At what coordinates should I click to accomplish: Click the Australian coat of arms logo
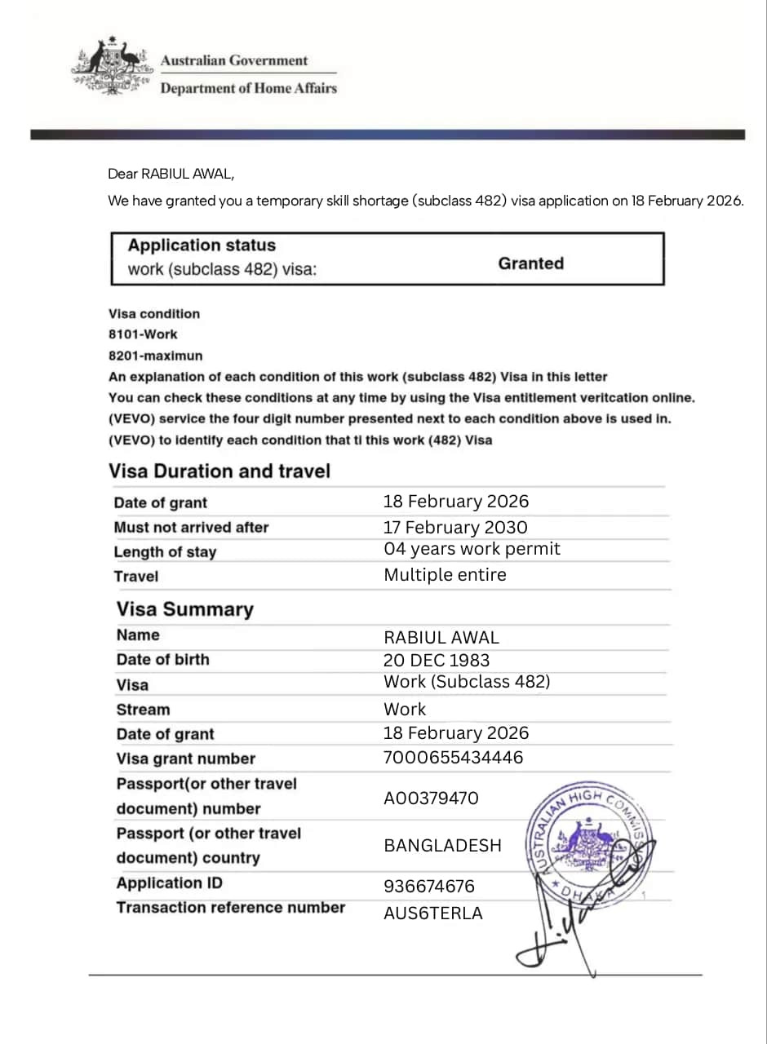coord(113,67)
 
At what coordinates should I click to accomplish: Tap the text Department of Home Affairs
coord(248,89)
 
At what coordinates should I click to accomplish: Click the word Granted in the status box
coord(530,263)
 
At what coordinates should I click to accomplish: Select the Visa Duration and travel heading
coord(219,471)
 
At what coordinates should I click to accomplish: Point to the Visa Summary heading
coord(184,609)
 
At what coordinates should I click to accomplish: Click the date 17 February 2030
coord(455,527)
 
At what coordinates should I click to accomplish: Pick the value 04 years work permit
coord(472,549)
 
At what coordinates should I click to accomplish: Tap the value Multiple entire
coord(445,575)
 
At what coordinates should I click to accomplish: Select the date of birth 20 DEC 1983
coord(437,660)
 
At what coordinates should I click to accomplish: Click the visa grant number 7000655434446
coord(453,758)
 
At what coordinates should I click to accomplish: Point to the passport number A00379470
coord(431,798)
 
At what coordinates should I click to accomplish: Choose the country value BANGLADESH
coord(442,845)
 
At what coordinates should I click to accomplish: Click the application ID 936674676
coord(428,886)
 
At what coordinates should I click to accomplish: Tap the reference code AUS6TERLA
coord(432,913)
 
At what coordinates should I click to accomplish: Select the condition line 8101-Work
coord(143,334)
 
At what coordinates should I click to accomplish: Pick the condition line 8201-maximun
coord(155,356)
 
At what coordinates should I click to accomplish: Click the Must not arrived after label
coord(191,528)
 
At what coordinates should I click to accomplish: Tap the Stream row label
coord(143,710)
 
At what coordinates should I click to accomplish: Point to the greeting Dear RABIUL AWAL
coord(175,174)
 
